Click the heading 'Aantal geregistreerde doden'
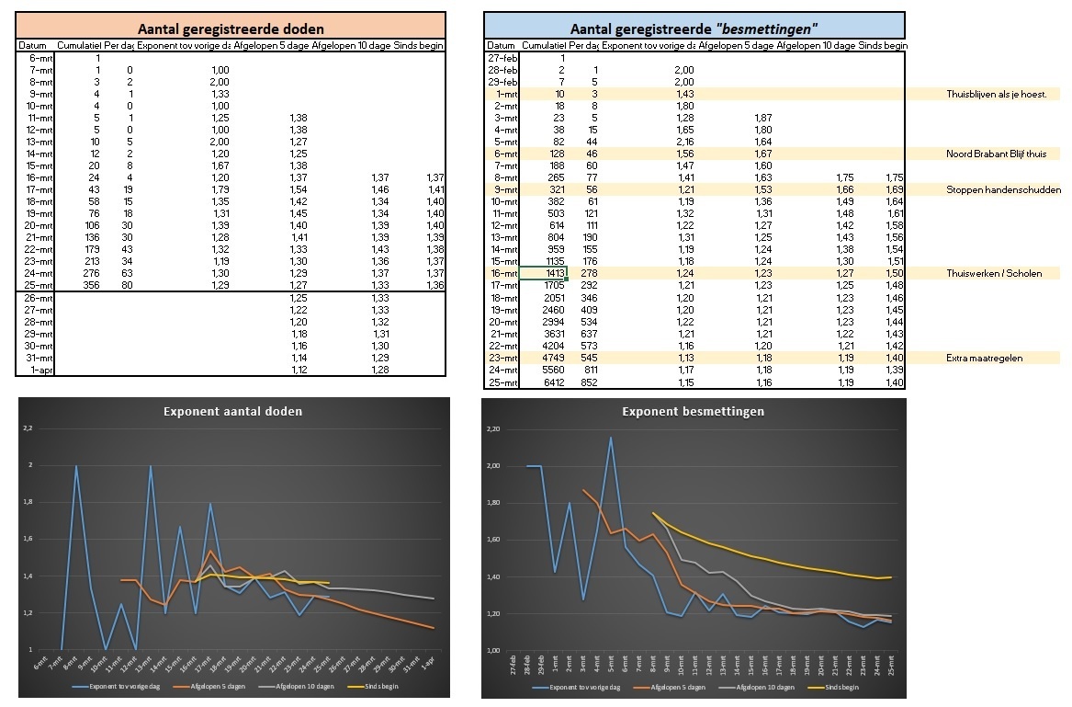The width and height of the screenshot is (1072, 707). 230,29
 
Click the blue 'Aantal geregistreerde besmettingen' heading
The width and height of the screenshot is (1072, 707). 694,29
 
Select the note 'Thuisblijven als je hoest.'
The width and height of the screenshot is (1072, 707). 1002,94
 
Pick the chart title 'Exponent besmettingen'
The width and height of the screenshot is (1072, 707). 694,411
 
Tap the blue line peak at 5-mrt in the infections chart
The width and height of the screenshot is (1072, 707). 611,438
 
